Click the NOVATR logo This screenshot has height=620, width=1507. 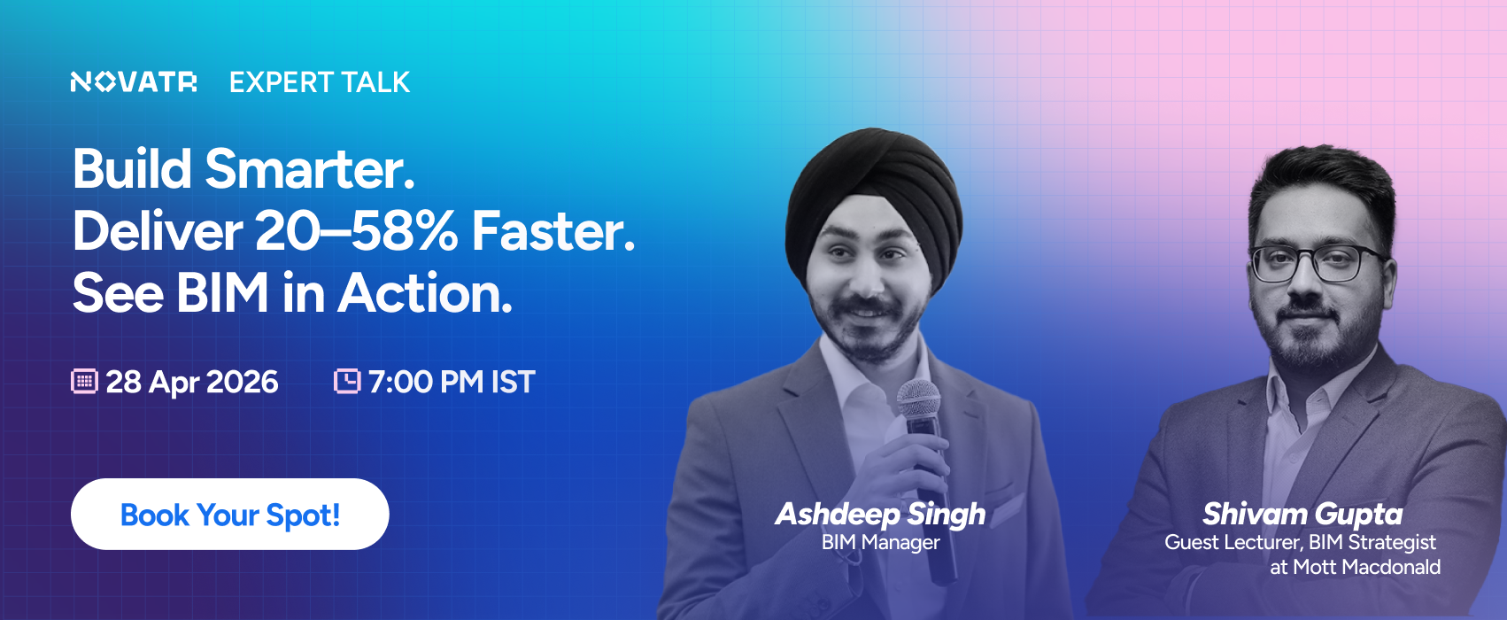pyautogui.click(x=133, y=82)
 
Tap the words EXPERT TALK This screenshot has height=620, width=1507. pyautogui.click(x=320, y=82)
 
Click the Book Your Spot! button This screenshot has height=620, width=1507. pyautogui.click(x=230, y=515)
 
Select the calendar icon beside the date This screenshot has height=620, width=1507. pyautogui.click(x=84, y=381)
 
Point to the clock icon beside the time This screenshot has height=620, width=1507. pyautogui.click(x=347, y=381)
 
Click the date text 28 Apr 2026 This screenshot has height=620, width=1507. pyautogui.click(x=192, y=382)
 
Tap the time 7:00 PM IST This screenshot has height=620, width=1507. pyautogui.click(x=452, y=382)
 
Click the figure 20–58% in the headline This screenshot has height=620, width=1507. pyautogui.click(x=357, y=231)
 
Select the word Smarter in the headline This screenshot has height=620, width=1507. pyautogui.click(x=310, y=168)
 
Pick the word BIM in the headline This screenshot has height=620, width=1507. pyautogui.click(x=222, y=293)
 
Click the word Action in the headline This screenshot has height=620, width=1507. pyautogui.click(x=424, y=293)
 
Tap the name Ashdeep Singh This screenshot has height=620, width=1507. pyautogui.click(x=881, y=515)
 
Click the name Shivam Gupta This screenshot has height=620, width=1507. pyautogui.click(x=1302, y=515)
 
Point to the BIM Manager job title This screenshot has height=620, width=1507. pyautogui.click(x=881, y=543)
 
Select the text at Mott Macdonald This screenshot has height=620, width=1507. pyautogui.click(x=1355, y=568)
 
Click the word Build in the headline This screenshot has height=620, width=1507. pyautogui.click(x=132, y=168)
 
